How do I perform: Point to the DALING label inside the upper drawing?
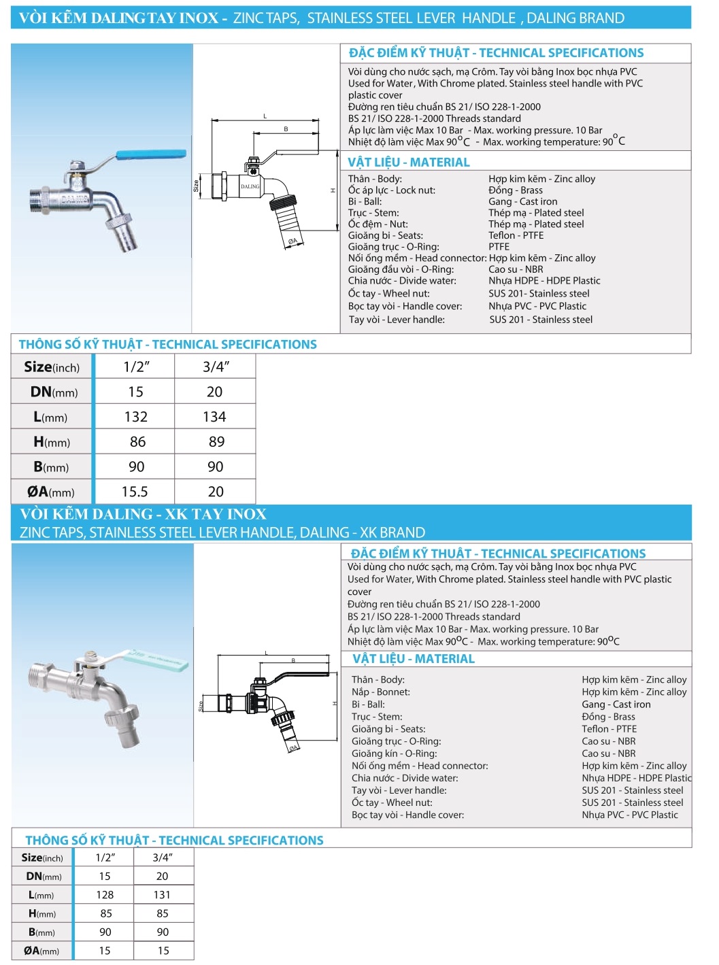(x=250, y=186)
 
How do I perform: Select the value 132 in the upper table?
(x=136, y=417)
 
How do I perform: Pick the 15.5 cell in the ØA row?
(x=135, y=492)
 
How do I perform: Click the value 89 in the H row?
(x=216, y=442)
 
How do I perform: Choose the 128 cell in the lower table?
(x=105, y=895)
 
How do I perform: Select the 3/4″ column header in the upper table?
(x=216, y=367)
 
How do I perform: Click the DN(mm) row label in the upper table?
(x=54, y=392)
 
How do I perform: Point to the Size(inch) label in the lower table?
(x=42, y=858)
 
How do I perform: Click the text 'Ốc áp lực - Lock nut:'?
(x=391, y=190)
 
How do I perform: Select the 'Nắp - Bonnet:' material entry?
(x=380, y=692)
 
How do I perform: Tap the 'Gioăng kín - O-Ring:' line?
(x=394, y=754)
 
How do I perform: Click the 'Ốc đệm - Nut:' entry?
(x=378, y=224)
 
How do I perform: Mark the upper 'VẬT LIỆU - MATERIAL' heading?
(x=408, y=163)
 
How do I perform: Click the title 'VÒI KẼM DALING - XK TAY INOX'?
(x=143, y=514)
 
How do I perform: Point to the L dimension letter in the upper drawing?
(x=265, y=116)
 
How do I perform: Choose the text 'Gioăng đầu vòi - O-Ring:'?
(x=401, y=269)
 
